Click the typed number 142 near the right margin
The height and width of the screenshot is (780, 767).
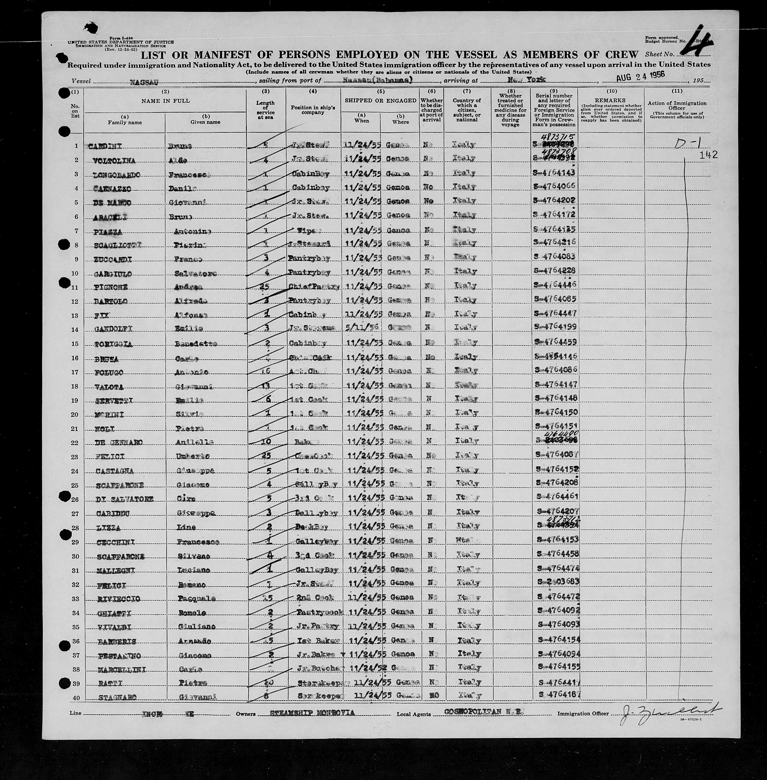pyautogui.click(x=709, y=155)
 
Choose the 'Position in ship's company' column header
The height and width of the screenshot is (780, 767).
pyautogui.click(x=313, y=110)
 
